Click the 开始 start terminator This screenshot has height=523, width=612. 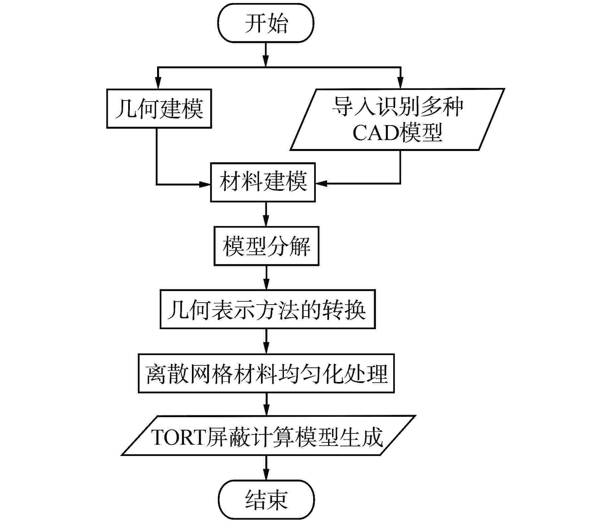pyautogui.click(x=265, y=23)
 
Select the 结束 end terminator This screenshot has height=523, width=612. pyautogui.click(x=266, y=499)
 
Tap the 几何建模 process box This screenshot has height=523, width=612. pyautogui.click(x=159, y=109)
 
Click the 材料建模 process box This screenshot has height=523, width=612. pyautogui.click(x=263, y=182)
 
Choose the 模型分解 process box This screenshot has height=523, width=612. pyautogui.click(x=266, y=246)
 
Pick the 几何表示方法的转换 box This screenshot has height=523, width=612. pyautogui.click(x=268, y=310)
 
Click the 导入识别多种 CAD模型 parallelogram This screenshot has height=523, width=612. pyautogui.click(x=397, y=119)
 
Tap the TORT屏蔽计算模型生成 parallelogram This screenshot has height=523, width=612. pyautogui.click(x=268, y=435)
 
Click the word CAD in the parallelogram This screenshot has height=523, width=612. pyautogui.click(x=376, y=133)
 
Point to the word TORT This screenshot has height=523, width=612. pyautogui.click(x=178, y=437)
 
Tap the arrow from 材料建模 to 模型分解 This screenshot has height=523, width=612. pyautogui.click(x=266, y=214)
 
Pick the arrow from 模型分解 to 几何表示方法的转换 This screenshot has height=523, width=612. pyautogui.click(x=266, y=278)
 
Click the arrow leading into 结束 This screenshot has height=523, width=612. pyautogui.click(x=266, y=468)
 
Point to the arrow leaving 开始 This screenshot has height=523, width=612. pyautogui.click(x=265, y=54)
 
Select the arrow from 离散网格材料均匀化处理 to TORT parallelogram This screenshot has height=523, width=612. pyautogui.click(x=266, y=404)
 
